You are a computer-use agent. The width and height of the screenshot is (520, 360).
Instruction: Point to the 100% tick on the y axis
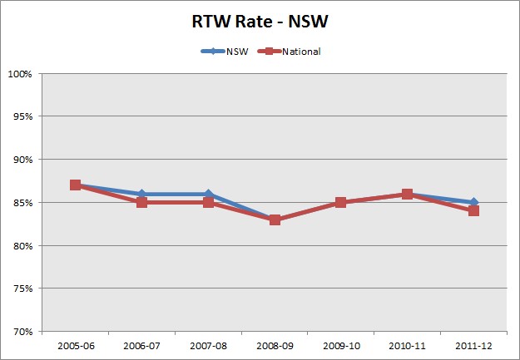click(x=21, y=74)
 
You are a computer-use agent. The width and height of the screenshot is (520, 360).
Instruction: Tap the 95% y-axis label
click(x=22, y=116)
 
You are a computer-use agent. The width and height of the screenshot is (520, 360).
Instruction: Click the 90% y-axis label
click(x=22, y=160)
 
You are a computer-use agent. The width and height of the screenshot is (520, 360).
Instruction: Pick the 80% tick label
click(x=22, y=246)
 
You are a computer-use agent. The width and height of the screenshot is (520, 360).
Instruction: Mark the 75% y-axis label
click(x=22, y=288)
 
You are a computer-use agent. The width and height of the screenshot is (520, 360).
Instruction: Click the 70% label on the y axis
click(x=22, y=332)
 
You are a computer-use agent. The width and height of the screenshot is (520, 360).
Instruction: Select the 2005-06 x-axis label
click(x=75, y=343)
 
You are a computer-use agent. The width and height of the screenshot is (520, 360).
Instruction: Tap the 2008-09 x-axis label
click(x=275, y=343)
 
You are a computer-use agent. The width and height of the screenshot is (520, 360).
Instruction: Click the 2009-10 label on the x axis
click(x=341, y=343)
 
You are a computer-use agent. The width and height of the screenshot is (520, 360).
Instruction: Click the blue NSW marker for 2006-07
click(x=141, y=194)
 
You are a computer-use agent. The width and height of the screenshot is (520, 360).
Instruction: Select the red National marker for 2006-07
click(x=141, y=203)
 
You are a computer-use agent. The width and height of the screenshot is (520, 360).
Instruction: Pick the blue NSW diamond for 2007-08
click(x=208, y=194)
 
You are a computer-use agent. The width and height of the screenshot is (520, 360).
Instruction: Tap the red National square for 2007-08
click(x=208, y=203)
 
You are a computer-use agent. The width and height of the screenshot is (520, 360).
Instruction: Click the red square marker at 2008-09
click(x=275, y=219)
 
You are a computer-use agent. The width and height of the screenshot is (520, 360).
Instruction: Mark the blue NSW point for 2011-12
click(x=474, y=202)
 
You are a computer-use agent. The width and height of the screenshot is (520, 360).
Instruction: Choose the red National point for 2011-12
click(x=473, y=211)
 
